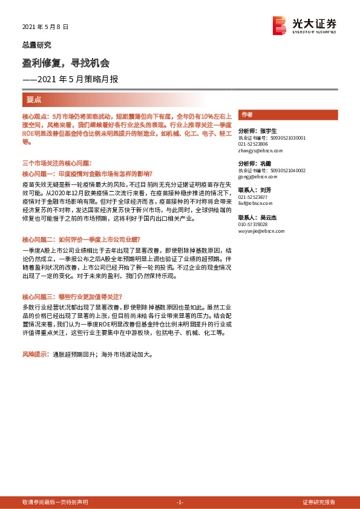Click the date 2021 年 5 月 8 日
(x=45, y=27)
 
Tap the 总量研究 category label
(x=37, y=45)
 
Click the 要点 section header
(x=33, y=99)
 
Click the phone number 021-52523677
(x=254, y=197)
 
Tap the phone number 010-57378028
(x=254, y=224)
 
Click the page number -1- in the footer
(x=180, y=502)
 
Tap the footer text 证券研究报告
(x=319, y=502)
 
